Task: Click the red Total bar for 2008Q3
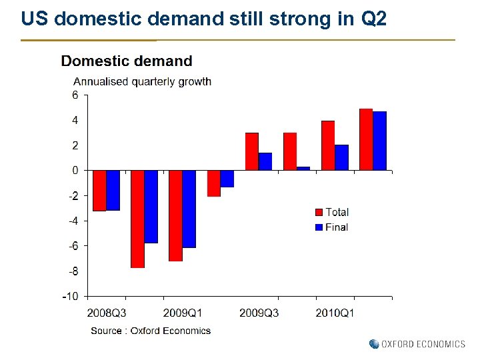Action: (x=99, y=191)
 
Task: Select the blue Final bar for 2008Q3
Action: (x=113, y=190)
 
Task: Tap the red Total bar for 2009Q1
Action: (x=175, y=215)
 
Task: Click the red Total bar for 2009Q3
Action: (x=251, y=151)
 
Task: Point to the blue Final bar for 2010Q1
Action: (x=341, y=157)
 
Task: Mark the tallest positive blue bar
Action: (x=379, y=141)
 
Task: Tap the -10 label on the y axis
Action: (x=71, y=296)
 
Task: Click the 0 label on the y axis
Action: (x=75, y=171)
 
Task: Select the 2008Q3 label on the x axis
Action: (x=107, y=313)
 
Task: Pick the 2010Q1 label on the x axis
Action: (x=335, y=313)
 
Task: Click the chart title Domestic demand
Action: (x=127, y=61)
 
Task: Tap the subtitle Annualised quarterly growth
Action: (x=142, y=81)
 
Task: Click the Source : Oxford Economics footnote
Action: (x=151, y=331)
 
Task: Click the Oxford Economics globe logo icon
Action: (x=374, y=344)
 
